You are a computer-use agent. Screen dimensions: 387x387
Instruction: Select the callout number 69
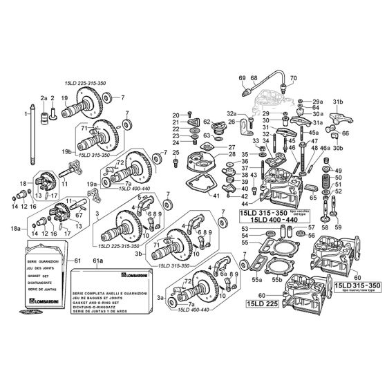(x=242, y=77)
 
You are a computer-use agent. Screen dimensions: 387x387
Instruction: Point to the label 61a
(x=97, y=261)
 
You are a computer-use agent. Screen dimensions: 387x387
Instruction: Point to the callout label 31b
(x=339, y=101)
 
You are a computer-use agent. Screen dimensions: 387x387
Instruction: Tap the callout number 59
(x=337, y=226)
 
